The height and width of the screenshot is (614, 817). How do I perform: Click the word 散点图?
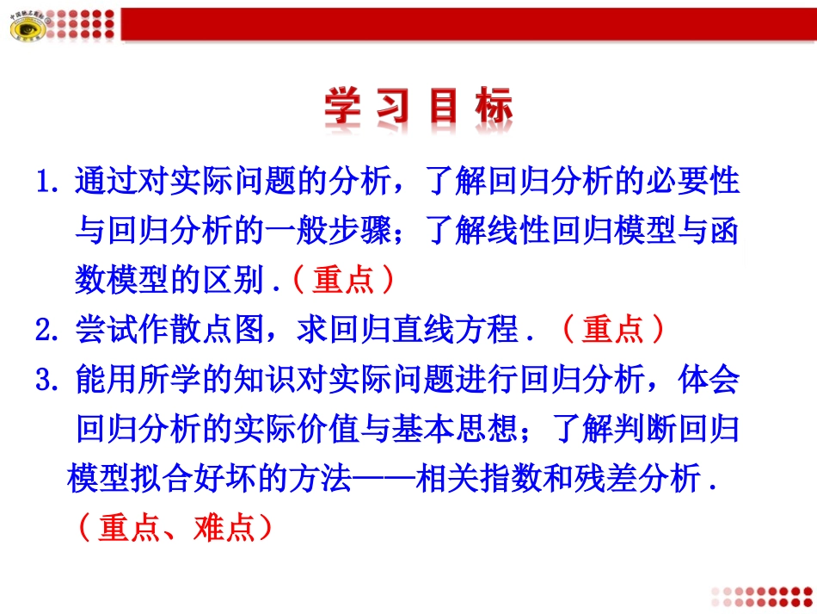219,330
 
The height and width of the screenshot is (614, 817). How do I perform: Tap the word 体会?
709,379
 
